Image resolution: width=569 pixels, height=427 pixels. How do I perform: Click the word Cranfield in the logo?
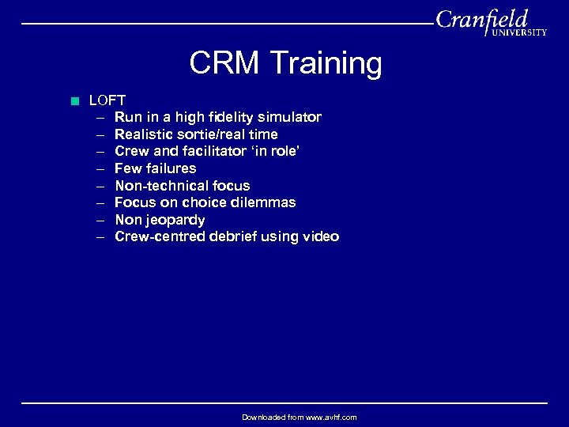point(481,19)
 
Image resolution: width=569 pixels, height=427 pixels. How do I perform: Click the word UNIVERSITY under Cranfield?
point(519,32)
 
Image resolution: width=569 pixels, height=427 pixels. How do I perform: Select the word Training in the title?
point(325,63)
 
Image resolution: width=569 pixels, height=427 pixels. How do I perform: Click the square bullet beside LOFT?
point(74,100)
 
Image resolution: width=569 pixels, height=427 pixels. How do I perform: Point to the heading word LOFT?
point(107,100)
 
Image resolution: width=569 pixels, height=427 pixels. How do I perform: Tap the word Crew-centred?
point(158,236)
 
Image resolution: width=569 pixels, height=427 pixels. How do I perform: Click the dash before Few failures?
point(101,168)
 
